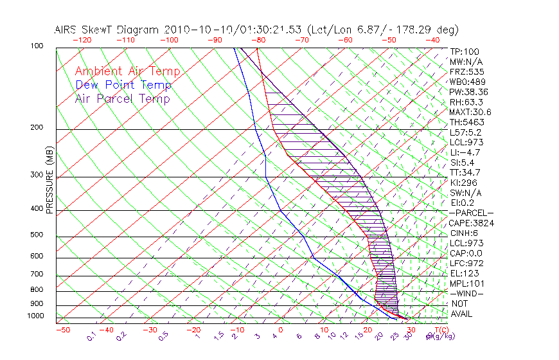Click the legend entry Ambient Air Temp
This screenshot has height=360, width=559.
[x=127, y=71]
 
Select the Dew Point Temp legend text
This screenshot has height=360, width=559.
[x=123, y=85]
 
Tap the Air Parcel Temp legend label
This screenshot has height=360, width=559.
[x=122, y=98]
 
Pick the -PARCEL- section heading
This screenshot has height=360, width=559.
[x=471, y=213]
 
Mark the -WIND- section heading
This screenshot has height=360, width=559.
[x=466, y=293]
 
